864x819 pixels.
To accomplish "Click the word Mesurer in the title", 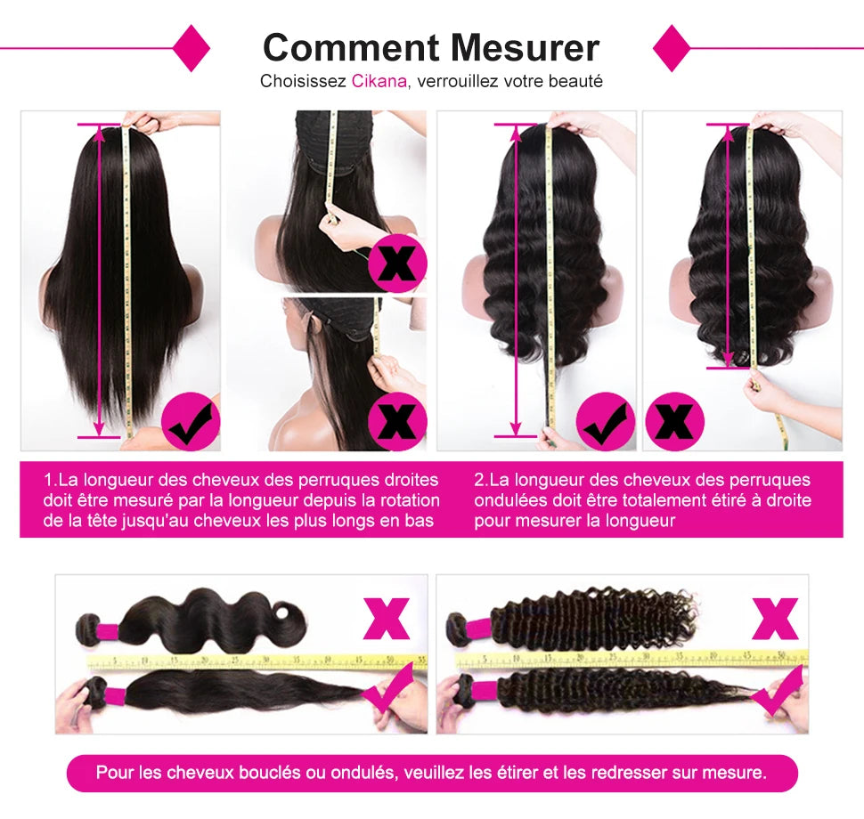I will [x=525, y=46].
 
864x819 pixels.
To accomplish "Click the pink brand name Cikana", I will [x=379, y=81].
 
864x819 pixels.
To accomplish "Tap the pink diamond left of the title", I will [x=191, y=48].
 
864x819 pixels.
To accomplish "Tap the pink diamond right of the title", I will [x=672, y=48].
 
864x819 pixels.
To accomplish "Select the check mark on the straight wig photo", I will [x=191, y=421].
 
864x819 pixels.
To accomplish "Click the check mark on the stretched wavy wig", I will [x=606, y=421].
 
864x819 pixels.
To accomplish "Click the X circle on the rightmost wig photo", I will [x=674, y=421].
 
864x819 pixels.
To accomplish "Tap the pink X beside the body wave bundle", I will [x=386, y=619].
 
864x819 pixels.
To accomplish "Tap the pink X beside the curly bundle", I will [x=774, y=619].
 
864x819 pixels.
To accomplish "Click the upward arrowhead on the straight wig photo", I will [x=99, y=134].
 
